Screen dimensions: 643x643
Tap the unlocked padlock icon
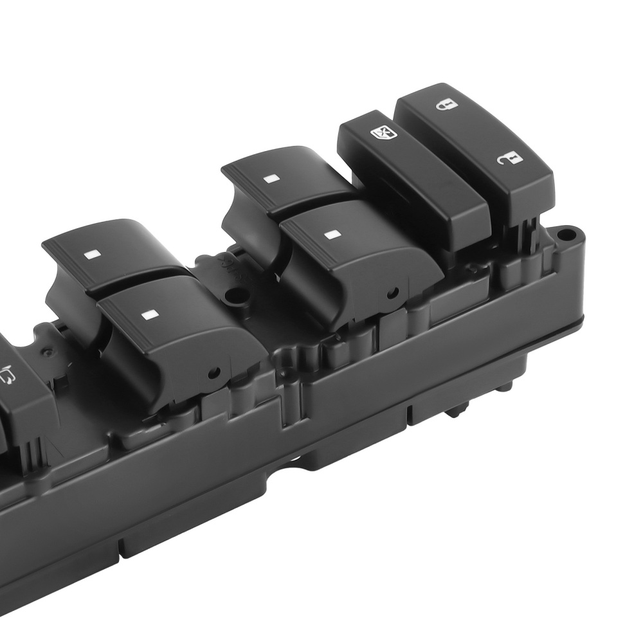(x=508, y=159)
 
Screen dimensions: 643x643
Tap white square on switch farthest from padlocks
(x=91, y=253)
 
